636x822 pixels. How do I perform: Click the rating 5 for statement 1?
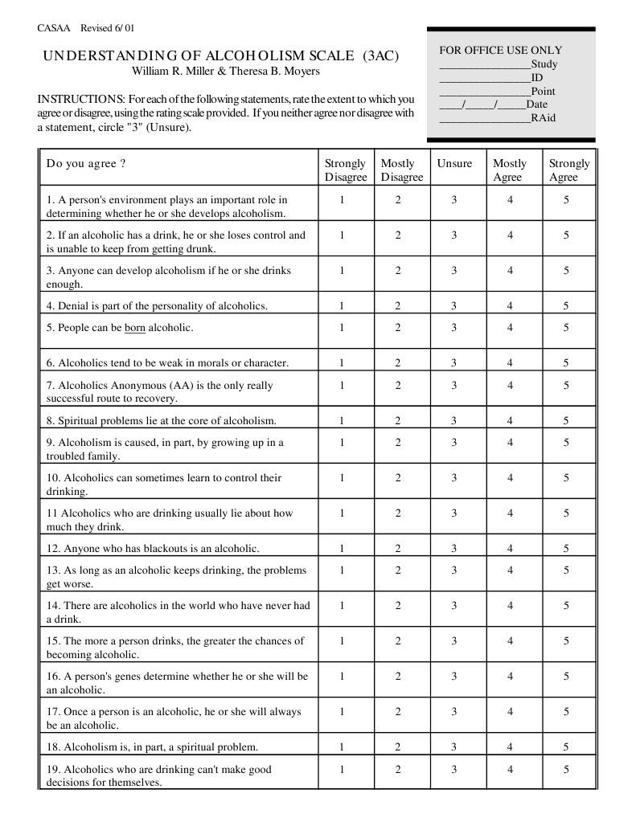click(x=566, y=199)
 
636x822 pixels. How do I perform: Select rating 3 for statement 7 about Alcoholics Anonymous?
click(x=453, y=385)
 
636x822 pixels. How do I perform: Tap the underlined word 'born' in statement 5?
click(x=134, y=328)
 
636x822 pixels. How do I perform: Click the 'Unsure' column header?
click(x=454, y=163)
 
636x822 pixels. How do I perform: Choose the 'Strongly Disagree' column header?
click(x=345, y=170)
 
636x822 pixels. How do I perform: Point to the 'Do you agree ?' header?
click(x=86, y=163)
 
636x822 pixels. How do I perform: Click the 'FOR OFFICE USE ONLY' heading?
click(x=500, y=50)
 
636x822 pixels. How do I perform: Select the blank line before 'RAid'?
click(x=484, y=118)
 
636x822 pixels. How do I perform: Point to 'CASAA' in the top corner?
click(x=54, y=28)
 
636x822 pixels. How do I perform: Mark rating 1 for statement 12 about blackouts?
click(x=341, y=549)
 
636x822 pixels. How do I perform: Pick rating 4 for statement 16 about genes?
click(x=510, y=676)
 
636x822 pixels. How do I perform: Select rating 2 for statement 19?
click(x=397, y=769)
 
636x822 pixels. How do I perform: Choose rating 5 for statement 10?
click(x=566, y=477)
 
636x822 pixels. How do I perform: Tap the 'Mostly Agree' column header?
click(x=510, y=170)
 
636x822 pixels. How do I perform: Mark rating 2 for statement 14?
click(x=397, y=605)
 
